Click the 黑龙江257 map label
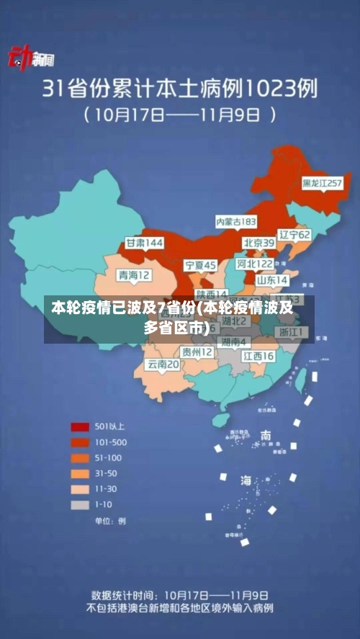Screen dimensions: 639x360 tap(322, 183)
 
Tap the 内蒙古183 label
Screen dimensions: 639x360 tap(237, 220)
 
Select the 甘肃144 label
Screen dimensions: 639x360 tap(145, 243)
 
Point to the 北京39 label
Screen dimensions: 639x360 tap(258, 243)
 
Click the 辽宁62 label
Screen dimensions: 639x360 tap(294, 235)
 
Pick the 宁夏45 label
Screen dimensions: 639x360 tap(200, 265)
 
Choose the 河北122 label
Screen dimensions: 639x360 tap(256, 264)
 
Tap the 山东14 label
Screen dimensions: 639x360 tap(273, 280)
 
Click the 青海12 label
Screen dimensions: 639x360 tap(135, 275)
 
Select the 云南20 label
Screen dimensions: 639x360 tap(163, 365)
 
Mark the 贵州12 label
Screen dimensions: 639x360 tap(197, 352)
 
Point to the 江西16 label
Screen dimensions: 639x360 tap(258, 356)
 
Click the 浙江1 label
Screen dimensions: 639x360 tap(292, 332)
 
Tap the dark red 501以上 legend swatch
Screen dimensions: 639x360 tap(79, 426)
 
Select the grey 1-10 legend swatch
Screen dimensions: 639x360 tap(79, 505)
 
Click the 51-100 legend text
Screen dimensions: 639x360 tap(109, 458)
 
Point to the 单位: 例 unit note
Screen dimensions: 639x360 tap(110, 520)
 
